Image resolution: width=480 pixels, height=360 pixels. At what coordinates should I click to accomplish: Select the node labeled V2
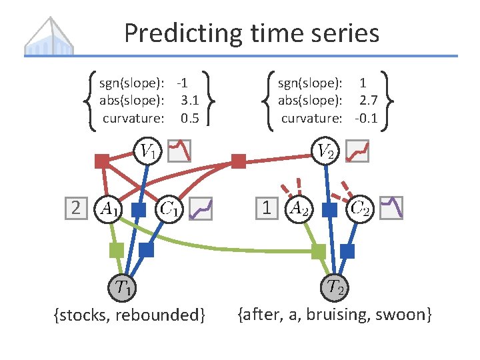(x=325, y=151)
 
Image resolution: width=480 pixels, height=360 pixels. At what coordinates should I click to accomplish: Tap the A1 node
(x=109, y=208)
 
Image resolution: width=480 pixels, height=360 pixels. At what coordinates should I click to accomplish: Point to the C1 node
(x=170, y=209)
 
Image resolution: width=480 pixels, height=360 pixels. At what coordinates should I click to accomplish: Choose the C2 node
(x=361, y=208)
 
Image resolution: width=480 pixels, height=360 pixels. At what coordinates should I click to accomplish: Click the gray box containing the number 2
(x=76, y=208)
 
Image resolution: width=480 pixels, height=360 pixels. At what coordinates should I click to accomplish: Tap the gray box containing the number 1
(x=267, y=208)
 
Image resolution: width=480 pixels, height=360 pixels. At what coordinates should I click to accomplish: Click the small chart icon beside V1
(x=179, y=151)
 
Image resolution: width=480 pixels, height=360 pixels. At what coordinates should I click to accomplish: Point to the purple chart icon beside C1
(x=201, y=209)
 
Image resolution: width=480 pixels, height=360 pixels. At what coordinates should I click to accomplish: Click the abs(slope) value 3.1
(x=189, y=101)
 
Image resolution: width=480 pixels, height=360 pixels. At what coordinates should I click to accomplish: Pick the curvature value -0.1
(x=366, y=118)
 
